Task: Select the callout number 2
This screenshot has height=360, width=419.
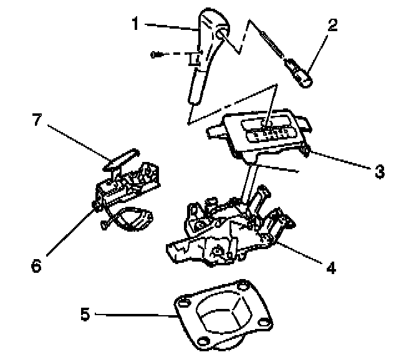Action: (x=332, y=26)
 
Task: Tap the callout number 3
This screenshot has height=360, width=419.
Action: (x=380, y=171)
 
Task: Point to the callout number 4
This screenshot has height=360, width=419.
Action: (x=331, y=268)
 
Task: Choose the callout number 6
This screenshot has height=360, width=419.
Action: (x=36, y=265)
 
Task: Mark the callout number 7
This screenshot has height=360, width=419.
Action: (x=36, y=120)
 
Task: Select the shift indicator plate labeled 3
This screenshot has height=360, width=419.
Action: (x=262, y=131)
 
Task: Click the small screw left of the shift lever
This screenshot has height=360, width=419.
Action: (x=156, y=55)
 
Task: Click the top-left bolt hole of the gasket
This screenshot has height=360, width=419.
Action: (x=182, y=301)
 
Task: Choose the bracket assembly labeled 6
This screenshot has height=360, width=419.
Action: (x=128, y=193)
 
